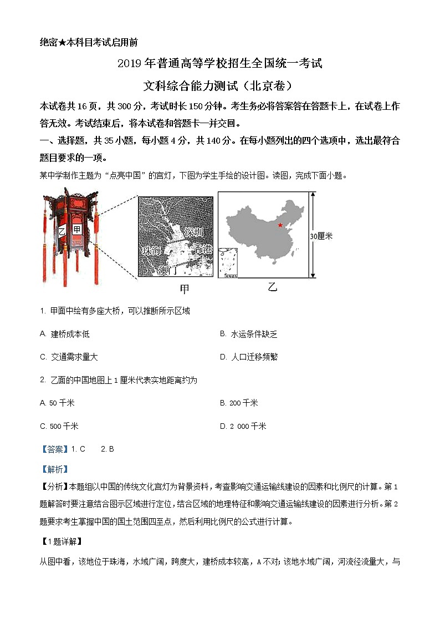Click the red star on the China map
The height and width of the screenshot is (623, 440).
coord(280,225)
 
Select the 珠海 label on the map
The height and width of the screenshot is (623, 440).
coord(151,251)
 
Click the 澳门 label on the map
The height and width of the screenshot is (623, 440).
coord(167,271)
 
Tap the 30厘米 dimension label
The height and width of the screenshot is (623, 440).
coord(321,236)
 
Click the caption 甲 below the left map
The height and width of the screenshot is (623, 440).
coord(185,289)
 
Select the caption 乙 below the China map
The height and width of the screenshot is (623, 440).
coord(272,287)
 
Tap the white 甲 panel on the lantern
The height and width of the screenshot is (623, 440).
coord(77,229)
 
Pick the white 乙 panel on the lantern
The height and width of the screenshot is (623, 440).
coord(62,230)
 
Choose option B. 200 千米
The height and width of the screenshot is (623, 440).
coord(239,403)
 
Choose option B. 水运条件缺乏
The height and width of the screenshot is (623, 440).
coord(248,334)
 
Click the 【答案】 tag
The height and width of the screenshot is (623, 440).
coord(54,449)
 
